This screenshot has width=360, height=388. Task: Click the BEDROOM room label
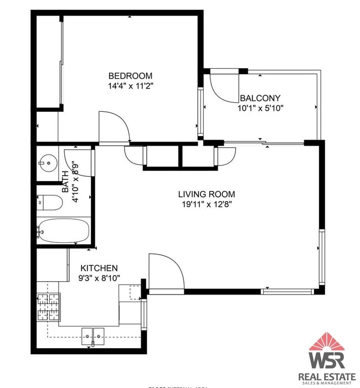click(130, 76)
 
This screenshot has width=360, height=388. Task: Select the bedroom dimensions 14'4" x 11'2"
click(130, 86)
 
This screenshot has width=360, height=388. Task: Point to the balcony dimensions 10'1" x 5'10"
click(260, 108)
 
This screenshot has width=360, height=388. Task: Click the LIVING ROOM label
click(206, 194)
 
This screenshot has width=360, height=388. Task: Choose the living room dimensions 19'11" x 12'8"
click(206, 204)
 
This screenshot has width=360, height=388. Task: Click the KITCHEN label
click(99, 268)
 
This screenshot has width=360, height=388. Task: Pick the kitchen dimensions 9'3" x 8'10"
click(99, 278)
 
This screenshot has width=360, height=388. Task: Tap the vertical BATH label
click(65, 181)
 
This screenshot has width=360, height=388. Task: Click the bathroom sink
click(47, 163)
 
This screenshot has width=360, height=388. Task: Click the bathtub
click(64, 230)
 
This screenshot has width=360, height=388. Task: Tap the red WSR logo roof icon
click(327, 342)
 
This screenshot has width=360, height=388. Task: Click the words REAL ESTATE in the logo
click(327, 377)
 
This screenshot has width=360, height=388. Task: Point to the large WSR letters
click(327, 360)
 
